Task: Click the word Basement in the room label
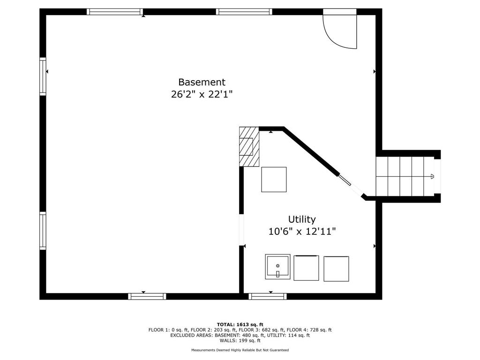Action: [202, 82]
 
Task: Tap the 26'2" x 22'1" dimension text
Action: [202, 94]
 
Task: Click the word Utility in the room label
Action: [302, 219]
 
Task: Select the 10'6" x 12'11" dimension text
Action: [302, 232]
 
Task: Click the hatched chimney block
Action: [249, 147]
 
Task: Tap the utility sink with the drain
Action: [277, 267]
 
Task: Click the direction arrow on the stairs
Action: [432, 176]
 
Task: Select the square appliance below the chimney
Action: [274, 180]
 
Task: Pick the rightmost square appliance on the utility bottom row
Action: [336, 269]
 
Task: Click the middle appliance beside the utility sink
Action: [306, 268]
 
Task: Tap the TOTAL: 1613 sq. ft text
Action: [240, 324]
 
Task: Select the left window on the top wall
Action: [115, 12]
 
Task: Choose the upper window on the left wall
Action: [43, 76]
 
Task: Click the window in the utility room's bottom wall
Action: [268, 296]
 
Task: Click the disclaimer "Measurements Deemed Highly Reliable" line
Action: [240, 350]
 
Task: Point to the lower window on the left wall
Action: [43, 231]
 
